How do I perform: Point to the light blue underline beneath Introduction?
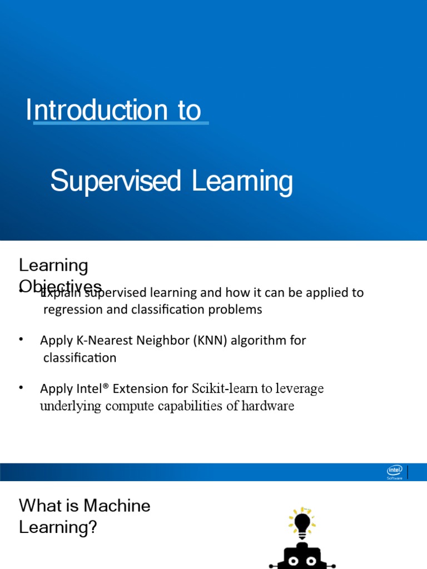click(x=121, y=123)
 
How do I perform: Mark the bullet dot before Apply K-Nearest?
click(x=22, y=340)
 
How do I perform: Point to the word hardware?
click(x=268, y=406)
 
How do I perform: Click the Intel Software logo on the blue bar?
click(x=395, y=472)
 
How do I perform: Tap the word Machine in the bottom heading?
click(x=117, y=506)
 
